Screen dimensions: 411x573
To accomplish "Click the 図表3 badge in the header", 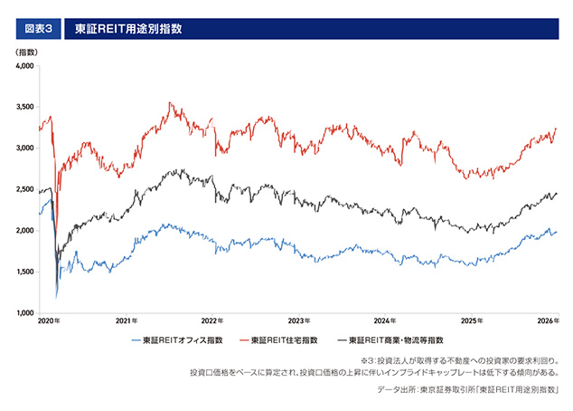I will click(38, 28).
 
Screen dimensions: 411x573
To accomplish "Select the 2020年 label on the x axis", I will click(49, 321).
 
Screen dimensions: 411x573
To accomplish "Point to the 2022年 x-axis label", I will click(212, 321).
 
